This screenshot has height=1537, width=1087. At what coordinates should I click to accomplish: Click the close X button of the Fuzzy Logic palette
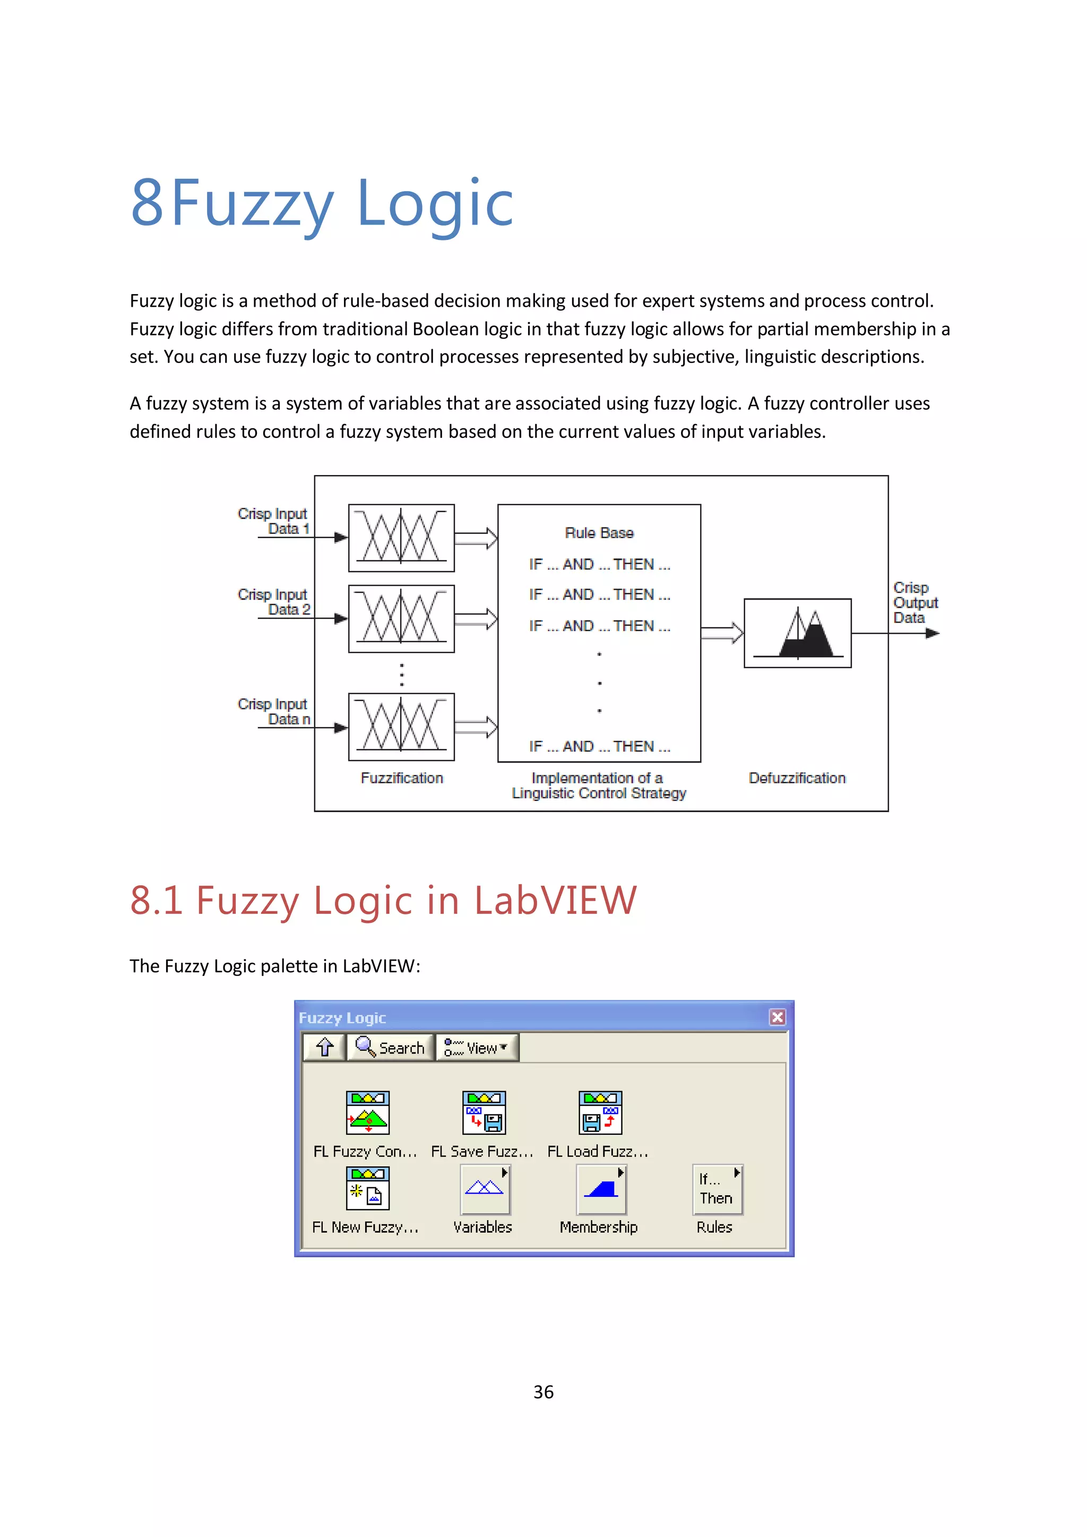[777, 1017]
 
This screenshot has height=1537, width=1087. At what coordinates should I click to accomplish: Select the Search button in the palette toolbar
[391, 1048]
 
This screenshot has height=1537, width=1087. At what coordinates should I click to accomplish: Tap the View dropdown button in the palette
[477, 1048]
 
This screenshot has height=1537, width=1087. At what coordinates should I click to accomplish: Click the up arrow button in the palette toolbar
[325, 1048]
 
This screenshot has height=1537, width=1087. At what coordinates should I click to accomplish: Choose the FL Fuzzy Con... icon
[367, 1112]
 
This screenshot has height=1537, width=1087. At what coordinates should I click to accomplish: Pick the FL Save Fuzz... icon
[484, 1112]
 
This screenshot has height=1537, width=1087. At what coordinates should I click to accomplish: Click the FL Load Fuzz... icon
[600, 1112]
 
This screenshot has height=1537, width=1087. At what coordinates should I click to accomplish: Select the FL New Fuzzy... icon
[367, 1189]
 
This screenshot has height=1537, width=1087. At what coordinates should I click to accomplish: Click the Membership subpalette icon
[601, 1189]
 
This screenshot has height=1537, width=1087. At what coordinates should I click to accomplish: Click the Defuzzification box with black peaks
[797, 633]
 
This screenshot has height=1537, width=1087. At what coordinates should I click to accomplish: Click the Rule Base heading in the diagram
[599, 533]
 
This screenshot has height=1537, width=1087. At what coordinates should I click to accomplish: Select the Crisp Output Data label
[915, 602]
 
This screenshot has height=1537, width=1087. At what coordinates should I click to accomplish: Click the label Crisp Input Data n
[274, 712]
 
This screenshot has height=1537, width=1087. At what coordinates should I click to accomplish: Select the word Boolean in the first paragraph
[444, 330]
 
